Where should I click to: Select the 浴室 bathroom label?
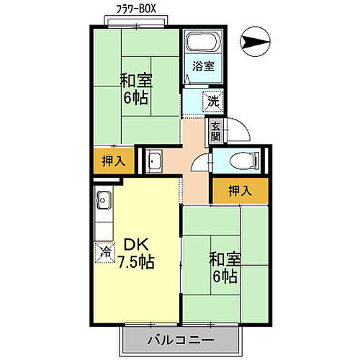202,66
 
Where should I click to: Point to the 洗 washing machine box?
213,102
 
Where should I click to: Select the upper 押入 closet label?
114,161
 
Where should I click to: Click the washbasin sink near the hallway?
155,161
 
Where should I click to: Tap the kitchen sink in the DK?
102,197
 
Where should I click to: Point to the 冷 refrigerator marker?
104,252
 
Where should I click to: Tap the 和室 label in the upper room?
135,81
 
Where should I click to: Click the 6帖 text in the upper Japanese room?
135,98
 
